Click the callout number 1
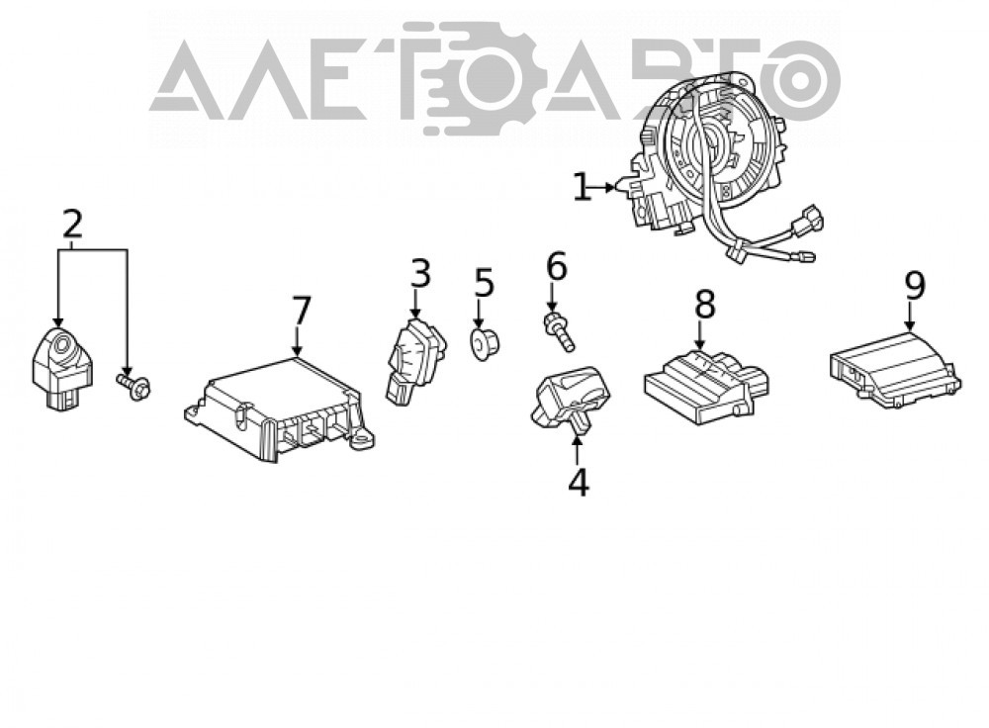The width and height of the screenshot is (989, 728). [x=582, y=187]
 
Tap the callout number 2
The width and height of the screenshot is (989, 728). [x=72, y=224]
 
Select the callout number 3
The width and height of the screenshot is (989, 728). [x=420, y=273]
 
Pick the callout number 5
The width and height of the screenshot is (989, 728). [x=484, y=282]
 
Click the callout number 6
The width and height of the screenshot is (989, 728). [x=556, y=266]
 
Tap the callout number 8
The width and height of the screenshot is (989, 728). [x=704, y=304]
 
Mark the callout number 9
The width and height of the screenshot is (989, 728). [x=915, y=285]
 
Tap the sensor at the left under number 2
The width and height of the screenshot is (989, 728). [x=62, y=368]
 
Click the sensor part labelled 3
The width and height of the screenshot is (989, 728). [x=415, y=361]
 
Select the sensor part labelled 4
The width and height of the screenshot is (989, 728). [x=572, y=400]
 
